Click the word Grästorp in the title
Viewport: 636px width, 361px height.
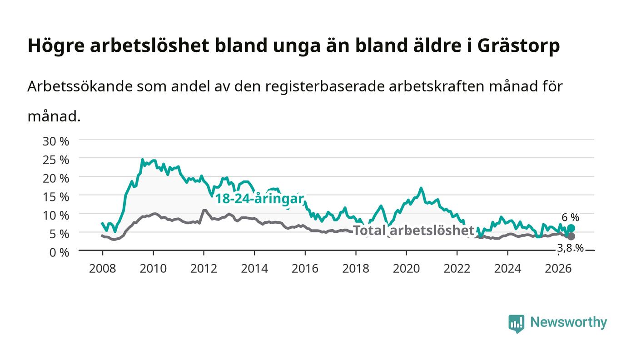pyautogui.click(x=518, y=45)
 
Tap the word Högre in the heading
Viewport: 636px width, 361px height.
pyautogui.click(x=56, y=45)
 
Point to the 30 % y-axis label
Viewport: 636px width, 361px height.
pyautogui.click(x=55, y=141)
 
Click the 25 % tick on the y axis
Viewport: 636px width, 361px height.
pyautogui.click(x=55, y=160)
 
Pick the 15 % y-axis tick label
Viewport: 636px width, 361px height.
pyautogui.click(x=55, y=197)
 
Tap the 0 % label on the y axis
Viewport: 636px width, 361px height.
pyautogui.click(x=59, y=252)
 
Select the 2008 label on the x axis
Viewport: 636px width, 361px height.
pyautogui.click(x=103, y=269)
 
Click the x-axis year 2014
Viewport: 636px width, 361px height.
pyautogui.click(x=254, y=269)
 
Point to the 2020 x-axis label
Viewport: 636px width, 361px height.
pyautogui.click(x=406, y=269)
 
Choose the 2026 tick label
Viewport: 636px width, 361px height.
pyautogui.click(x=558, y=269)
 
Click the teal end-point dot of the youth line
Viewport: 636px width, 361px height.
pyautogui.click(x=571, y=228)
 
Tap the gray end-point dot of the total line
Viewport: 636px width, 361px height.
pyautogui.click(x=571, y=236)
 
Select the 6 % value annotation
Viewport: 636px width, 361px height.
pyautogui.click(x=571, y=217)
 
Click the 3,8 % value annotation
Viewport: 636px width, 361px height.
pyautogui.click(x=571, y=248)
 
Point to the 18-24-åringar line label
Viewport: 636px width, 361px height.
pyautogui.click(x=260, y=198)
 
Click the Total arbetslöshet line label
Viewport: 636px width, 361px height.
pyautogui.click(x=414, y=230)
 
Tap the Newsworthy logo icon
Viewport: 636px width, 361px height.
pyautogui.click(x=517, y=324)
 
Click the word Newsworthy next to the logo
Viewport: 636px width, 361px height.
pyautogui.click(x=568, y=322)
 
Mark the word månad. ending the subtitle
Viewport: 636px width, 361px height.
pyautogui.click(x=54, y=116)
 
